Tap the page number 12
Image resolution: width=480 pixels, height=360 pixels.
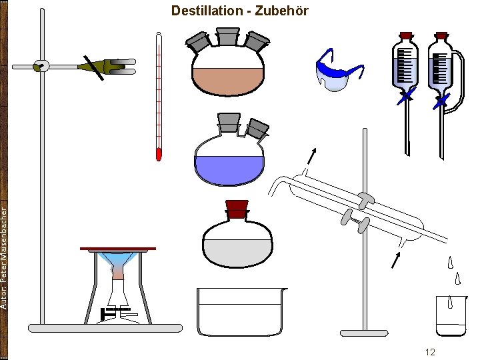(x=429, y=351)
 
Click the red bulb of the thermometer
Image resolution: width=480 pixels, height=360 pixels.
(x=159, y=155)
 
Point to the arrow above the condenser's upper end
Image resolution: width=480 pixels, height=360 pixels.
(x=311, y=155)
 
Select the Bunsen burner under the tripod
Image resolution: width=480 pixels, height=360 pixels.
(x=118, y=303)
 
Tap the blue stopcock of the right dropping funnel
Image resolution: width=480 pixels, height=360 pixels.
(x=441, y=101)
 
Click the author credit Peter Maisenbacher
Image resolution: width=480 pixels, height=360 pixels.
(x=5, y=257)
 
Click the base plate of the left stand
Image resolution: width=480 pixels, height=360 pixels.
(x=105, y=328)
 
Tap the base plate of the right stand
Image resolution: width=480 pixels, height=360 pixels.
(x=364, y=332)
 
